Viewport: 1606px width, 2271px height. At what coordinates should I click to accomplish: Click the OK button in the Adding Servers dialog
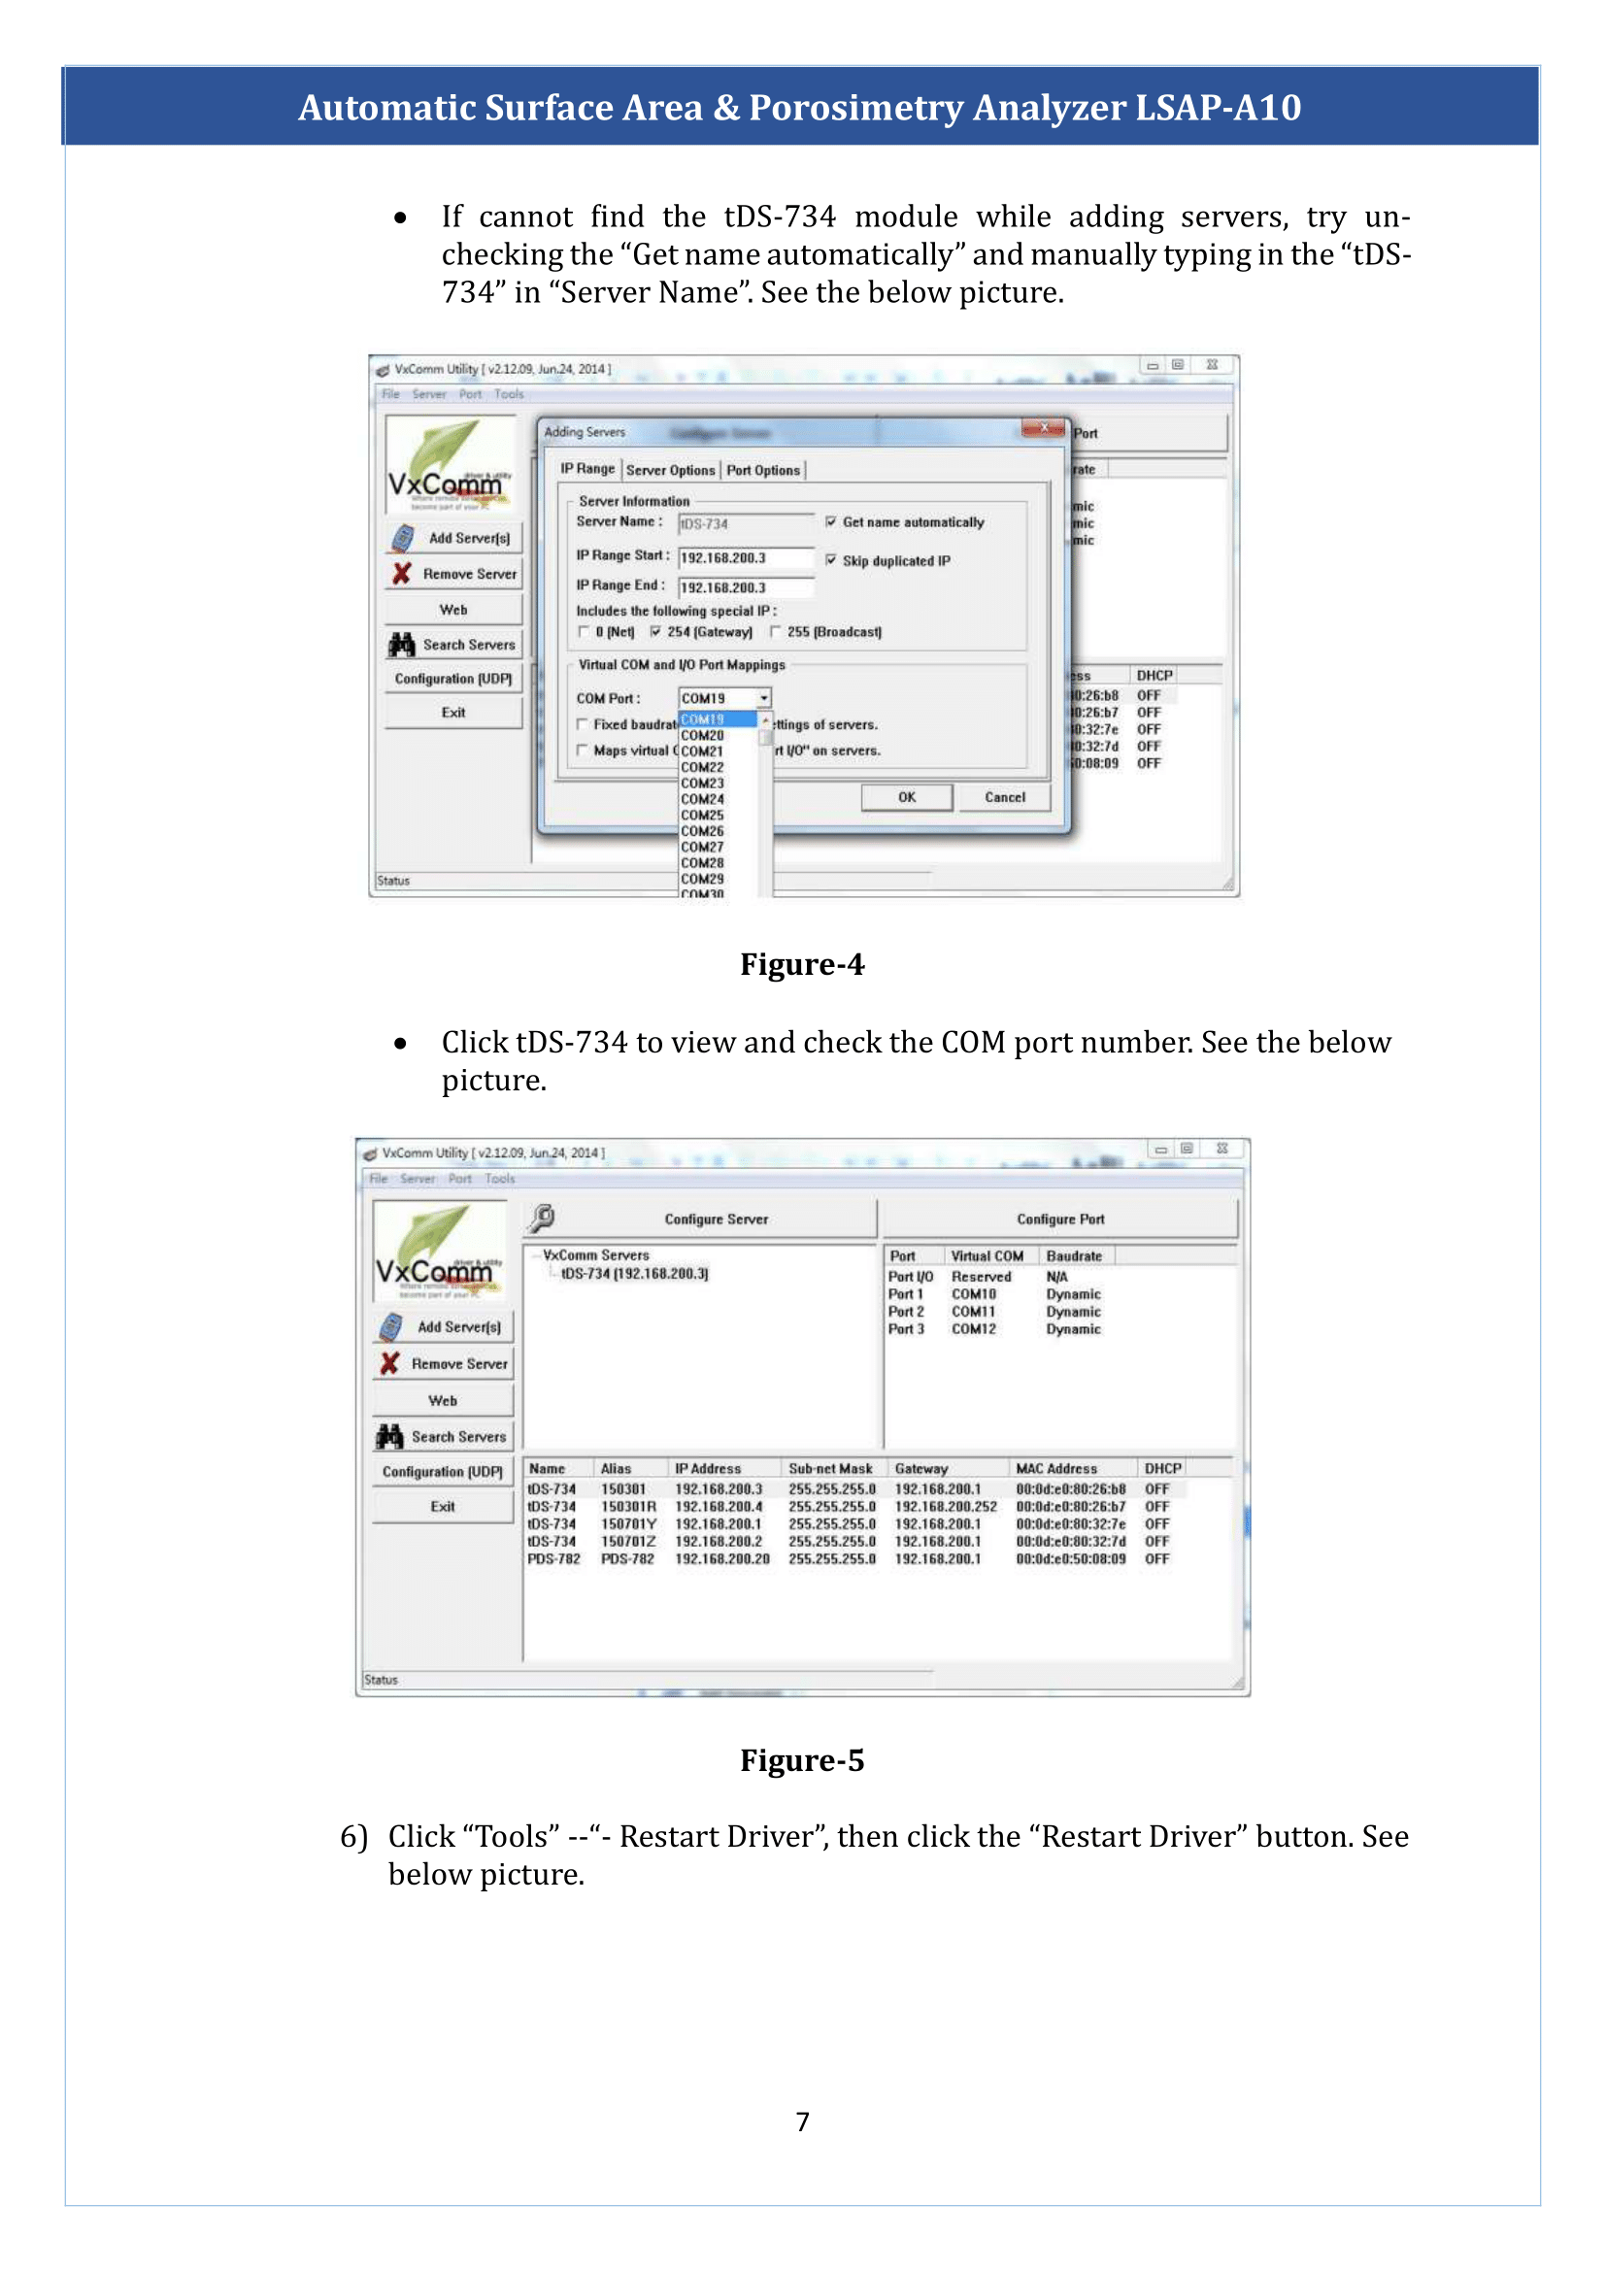(906, 797)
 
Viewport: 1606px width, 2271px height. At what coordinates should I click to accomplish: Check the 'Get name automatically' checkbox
(831, 522)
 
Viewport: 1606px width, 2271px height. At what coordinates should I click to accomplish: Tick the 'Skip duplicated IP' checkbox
(831, 561)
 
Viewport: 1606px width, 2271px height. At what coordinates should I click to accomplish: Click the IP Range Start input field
(745, 558)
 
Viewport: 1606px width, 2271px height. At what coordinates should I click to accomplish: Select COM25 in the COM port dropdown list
(702, 815)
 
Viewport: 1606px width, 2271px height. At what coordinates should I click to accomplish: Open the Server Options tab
(670, 471)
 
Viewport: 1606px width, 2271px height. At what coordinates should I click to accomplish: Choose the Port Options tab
(762, 471)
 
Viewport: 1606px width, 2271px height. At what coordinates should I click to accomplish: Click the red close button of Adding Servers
(1043, 429)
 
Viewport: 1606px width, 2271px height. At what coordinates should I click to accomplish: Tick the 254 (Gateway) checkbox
(655, 632)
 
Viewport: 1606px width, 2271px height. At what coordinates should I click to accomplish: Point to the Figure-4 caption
(802, 964)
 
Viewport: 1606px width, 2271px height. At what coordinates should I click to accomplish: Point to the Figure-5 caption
(802, 1760)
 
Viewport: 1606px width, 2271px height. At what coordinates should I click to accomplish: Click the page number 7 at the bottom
(802, 2121)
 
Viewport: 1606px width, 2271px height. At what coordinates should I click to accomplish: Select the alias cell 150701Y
(628, 1524)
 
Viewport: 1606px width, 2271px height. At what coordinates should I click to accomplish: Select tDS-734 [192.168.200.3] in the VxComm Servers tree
(634, 1274)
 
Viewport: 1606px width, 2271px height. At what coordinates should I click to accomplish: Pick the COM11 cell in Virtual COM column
(973, 1312)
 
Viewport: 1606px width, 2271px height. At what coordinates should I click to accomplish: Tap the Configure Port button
(1060, 1219)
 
